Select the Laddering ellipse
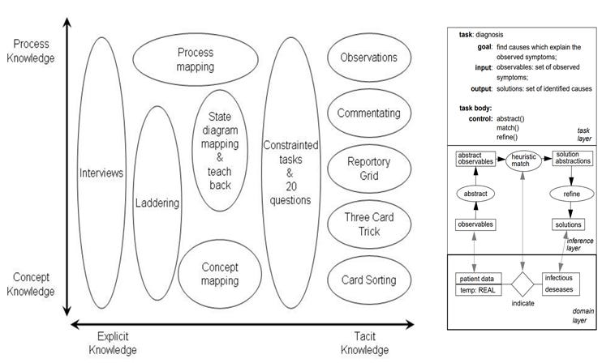point(157,203)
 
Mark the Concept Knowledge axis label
point(33,284)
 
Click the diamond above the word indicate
point(523,284)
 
